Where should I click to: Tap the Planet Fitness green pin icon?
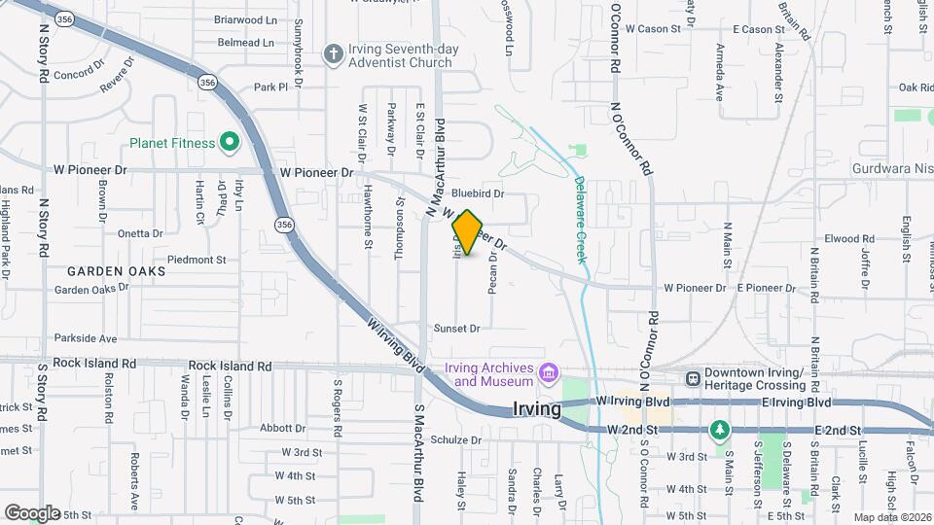coord(231,144)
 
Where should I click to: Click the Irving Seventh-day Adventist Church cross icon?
coord(333,54)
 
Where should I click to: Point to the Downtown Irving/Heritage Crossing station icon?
coord(693,379)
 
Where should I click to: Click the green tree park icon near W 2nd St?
coord(719,429)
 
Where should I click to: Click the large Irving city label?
coord(536,409)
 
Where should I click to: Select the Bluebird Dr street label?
coord(477,193)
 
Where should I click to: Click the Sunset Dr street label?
coord(457,329)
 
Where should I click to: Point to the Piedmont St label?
coord(197,260)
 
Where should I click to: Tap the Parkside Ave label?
coord(86,338)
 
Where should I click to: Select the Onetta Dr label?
coord(140,233)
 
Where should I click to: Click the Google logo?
coord(32,513)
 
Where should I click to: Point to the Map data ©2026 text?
coord(892,517)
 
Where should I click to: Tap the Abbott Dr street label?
coord(283,428)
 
